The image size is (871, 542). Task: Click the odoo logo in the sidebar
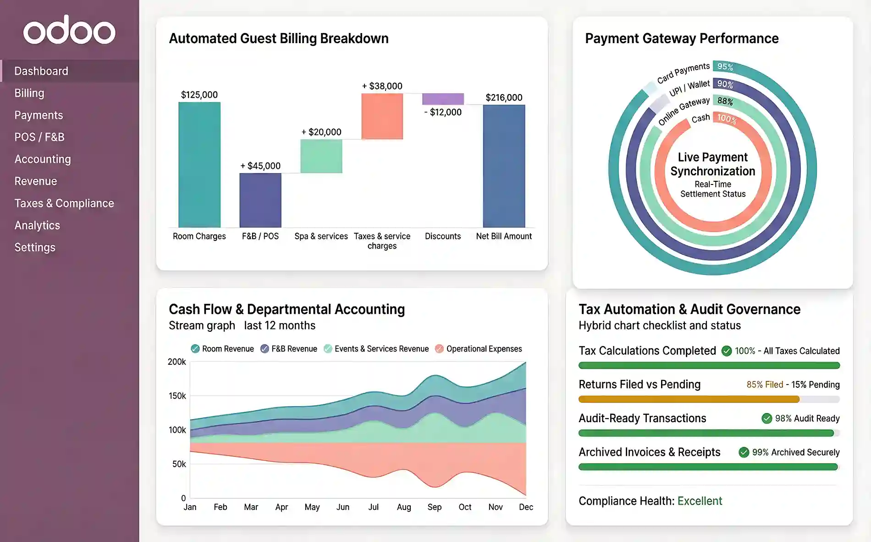69,30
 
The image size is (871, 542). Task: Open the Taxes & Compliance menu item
64,203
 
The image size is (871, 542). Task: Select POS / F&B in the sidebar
39,137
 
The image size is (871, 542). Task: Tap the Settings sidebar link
35,247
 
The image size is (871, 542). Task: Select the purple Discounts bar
443,99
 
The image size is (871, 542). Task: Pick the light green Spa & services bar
321,156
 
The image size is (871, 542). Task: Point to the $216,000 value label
504,97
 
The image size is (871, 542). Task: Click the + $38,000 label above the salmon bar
382,86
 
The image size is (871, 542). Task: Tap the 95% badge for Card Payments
725,67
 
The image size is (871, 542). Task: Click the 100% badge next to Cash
727,119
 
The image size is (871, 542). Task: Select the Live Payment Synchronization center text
713,164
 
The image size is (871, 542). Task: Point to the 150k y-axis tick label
177,396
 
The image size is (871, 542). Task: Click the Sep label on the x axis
434,507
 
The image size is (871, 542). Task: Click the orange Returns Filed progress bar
689,399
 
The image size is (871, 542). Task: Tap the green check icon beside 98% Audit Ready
766,418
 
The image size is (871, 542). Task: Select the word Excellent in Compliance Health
700,501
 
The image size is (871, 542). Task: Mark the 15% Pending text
816,385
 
